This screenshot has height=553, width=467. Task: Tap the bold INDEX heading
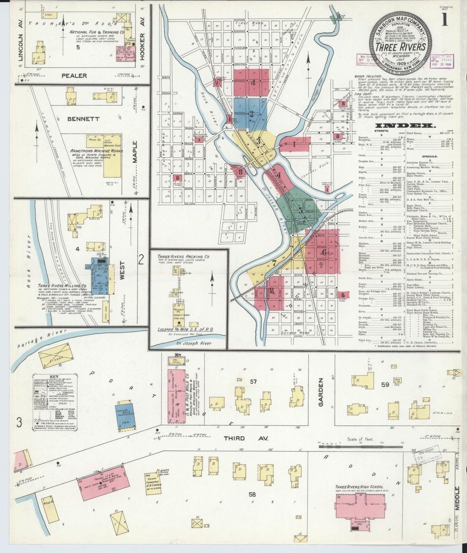pyautogui.click(x=405, y=126)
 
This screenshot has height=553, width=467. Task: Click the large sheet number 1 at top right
pyautogui.click(x=445, y=20)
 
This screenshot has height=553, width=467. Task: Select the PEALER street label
pyautogui.click(x=74, y=76)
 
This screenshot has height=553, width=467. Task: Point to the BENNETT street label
pyautogui.click(x=83, y=119)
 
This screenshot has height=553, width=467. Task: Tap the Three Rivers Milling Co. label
pyautogui.click(x=62, y=286)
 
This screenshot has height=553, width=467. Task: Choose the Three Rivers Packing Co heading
pyautogui.click(x=183, y=256)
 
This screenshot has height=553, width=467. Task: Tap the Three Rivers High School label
pyautogui.click(x=359, y=487)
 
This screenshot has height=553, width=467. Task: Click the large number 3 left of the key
pyautogui.click(x=20, y=422)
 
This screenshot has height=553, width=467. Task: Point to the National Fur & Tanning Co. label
pyautogui.click(x=97, y=32)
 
